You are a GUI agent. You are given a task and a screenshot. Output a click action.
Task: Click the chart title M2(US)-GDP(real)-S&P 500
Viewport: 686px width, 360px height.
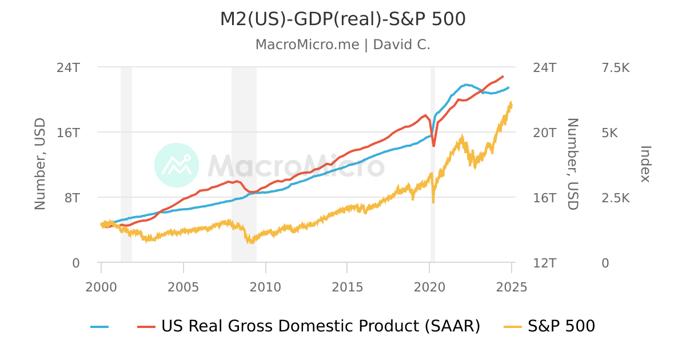pyautogui.click(x=342, y=19)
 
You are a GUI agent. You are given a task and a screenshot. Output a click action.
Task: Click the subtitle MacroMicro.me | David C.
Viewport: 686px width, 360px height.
pyautogui.click(x=342, y=45)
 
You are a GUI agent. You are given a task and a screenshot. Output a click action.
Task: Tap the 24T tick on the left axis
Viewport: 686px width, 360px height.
pyautogui.click(x=67, y=67)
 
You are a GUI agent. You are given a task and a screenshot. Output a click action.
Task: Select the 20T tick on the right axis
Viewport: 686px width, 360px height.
pyautogui.click(x=544, y=133)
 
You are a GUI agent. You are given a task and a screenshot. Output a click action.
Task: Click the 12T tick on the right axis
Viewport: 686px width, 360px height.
pyautogui.click(x=544, y=263)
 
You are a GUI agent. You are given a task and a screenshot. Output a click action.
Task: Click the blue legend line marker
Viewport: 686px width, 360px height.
pyautogui.click(x=99, y=327)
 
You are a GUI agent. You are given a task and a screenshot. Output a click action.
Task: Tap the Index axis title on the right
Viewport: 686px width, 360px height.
pyautogui.click(x=645, y=164)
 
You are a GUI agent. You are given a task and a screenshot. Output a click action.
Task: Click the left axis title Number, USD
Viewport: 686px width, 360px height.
pyautogui.click(x=40, y=164)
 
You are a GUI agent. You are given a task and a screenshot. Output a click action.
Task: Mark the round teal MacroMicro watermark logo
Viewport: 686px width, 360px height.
pyautogui.click(x=177, y=165)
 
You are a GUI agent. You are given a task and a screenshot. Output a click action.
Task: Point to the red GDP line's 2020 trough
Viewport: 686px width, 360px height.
pyautogui.click(x=434, y=146)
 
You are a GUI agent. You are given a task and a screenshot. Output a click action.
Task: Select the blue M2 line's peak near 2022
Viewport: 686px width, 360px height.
pyautogui.click(x=467, y=85)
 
